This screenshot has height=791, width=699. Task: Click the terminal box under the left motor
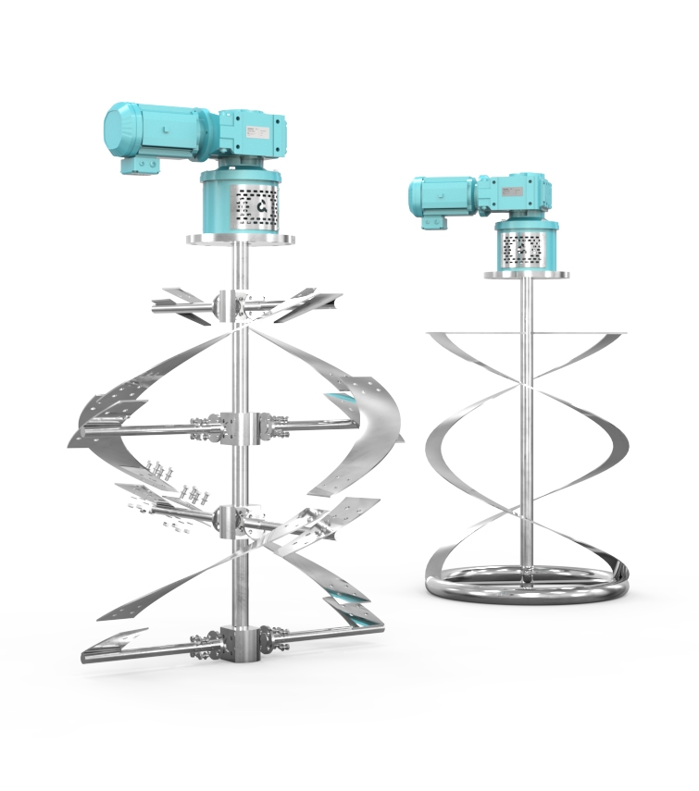(x=138, y=165)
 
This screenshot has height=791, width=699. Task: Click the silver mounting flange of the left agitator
(x=240, y=239)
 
